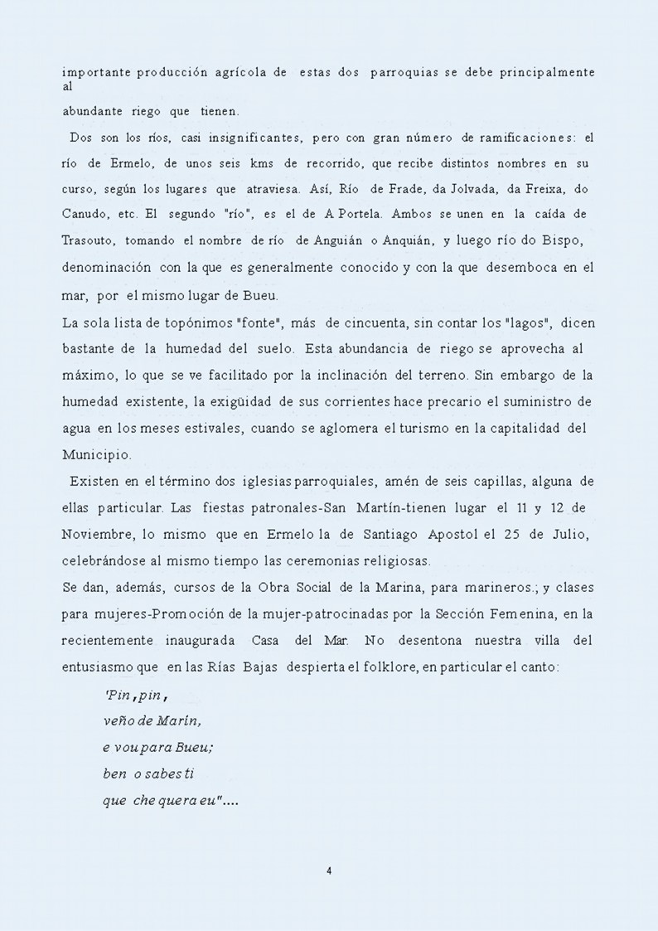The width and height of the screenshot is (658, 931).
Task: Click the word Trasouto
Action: (90, 241)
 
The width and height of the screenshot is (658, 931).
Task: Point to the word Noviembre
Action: (95, 535)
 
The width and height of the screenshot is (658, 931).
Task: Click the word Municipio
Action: (96, 455)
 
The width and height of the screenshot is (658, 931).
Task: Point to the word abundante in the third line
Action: (93, 110)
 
